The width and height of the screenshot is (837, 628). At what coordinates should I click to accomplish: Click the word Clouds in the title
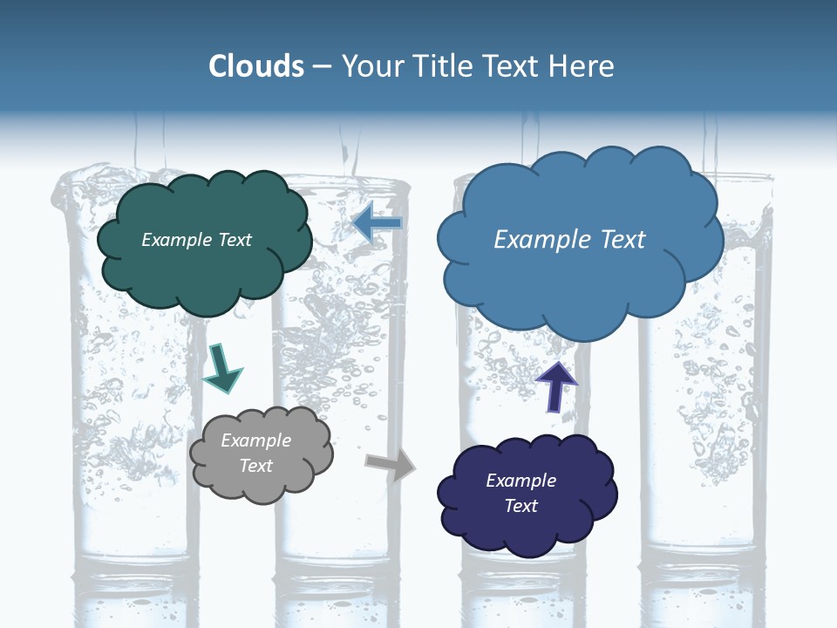click(256, 66)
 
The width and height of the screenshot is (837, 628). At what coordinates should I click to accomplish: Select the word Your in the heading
click(372, 66)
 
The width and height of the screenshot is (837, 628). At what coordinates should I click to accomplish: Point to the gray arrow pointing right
click(390, 466)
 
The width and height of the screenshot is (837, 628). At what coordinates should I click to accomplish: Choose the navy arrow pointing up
click(556, 386)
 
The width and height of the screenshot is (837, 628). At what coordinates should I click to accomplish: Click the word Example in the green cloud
click(177, 240)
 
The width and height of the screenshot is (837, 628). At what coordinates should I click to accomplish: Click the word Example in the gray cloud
click(255, 440)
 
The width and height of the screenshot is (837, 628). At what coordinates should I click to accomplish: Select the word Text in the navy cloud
click(521, 506)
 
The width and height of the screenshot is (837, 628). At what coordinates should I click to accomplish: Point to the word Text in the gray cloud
click(255, 466)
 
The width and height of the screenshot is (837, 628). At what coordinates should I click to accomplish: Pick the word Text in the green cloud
click(234, 240)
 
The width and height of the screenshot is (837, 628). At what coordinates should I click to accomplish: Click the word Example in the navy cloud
click(521, 481)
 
